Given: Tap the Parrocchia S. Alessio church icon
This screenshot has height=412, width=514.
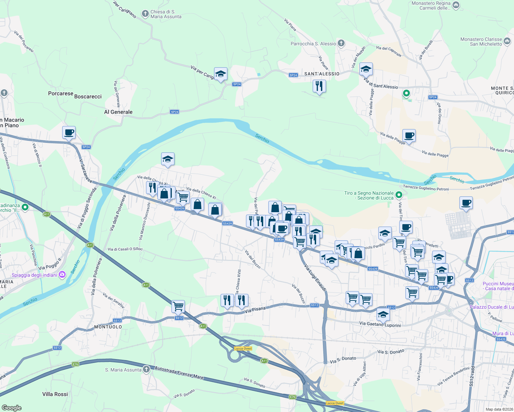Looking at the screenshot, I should coord(341,43).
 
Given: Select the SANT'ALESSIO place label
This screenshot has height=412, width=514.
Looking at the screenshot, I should coord(322,74).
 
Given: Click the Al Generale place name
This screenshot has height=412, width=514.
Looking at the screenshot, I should coord(118,112).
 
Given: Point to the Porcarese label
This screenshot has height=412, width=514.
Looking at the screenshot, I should coord(60,93).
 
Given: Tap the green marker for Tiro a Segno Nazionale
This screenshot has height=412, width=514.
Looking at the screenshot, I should coord(399,195).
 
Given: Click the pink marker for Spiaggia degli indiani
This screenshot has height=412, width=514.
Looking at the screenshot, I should coord(62,274).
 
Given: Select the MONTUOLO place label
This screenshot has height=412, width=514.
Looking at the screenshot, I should coord(108,327).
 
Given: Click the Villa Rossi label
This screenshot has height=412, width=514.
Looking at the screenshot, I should coord(55,394).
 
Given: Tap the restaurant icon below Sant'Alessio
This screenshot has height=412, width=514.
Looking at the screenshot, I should coord(319,86).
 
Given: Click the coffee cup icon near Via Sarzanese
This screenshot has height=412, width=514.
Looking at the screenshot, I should coord(69,132).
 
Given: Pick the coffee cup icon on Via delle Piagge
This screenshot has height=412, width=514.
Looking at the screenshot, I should coord(409,135).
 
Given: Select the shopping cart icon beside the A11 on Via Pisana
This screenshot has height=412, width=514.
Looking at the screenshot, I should coord(178,306).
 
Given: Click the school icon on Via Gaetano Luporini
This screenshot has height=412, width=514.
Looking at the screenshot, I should coord(383,314).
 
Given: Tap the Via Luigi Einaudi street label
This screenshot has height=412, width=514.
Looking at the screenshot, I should coord(315,278).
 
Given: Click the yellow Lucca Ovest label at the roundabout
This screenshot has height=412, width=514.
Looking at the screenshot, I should coord(243,348).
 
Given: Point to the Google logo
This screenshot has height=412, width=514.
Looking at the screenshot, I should coord(12,408).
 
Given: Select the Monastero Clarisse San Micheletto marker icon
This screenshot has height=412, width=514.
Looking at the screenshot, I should coord(507,42).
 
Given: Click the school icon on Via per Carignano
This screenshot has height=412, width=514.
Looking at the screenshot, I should coord(221,74).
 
